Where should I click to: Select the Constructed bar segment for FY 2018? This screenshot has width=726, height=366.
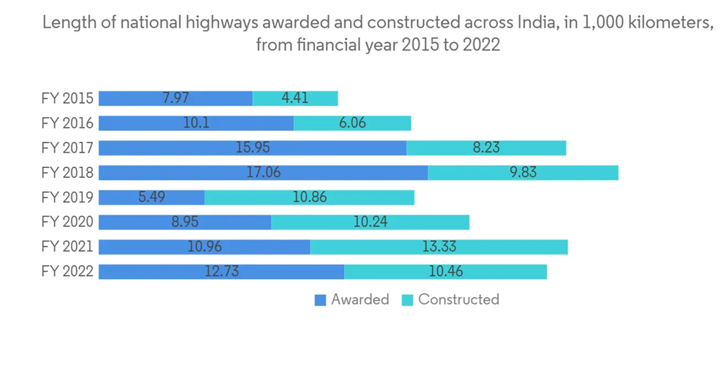[x=523, y=172]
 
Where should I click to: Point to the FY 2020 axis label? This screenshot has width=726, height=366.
[x=68, y=222]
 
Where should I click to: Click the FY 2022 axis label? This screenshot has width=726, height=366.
[x=68, y=272]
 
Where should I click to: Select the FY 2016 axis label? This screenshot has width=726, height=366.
[x=68, y=123]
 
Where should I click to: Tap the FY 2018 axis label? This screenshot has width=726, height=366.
[x=68, y=172]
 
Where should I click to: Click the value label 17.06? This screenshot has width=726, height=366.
[x=263, y=172]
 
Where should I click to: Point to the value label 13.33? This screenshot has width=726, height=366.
[x=439, y=247]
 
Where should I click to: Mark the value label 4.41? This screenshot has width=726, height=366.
[x=295, y=98]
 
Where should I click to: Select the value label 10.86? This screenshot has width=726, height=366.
[x=309, y=197]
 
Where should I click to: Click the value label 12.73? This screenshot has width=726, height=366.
[x=221, y=272]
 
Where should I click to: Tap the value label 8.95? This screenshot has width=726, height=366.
[x=185, y=222]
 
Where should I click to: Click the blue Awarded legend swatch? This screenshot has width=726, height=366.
[x=320, y=300]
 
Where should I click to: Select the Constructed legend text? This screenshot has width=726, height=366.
[x=458, y=299]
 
